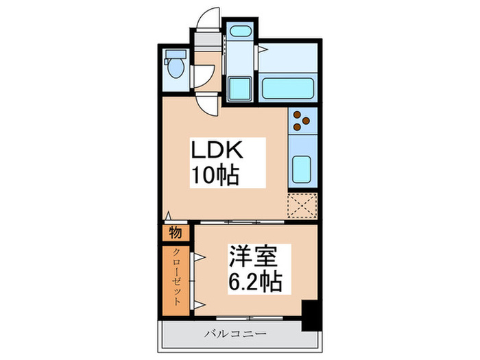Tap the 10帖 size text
(x=215, y=176)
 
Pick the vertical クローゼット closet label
(x=176, y=276)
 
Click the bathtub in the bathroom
(x=287, y=88)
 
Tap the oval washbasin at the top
(x=239, y=31)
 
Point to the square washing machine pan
(x=239, y=88)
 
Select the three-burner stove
(x=302, y=121)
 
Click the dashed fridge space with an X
(x=302, y=206)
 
